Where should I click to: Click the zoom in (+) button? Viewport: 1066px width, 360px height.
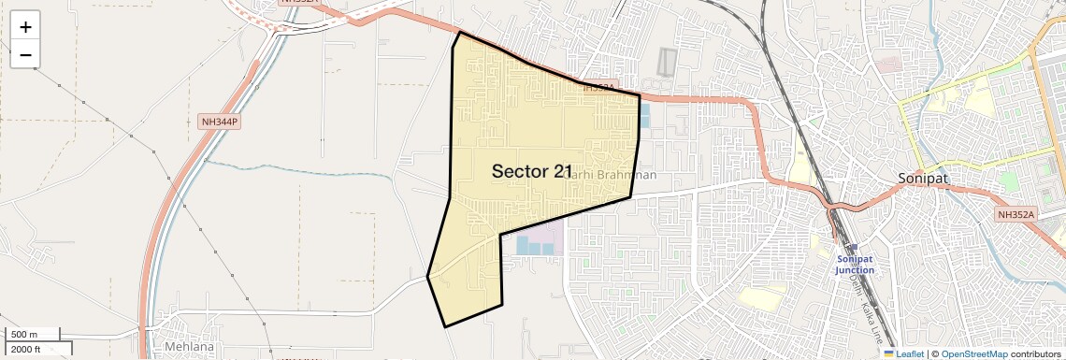[x=25, y=27]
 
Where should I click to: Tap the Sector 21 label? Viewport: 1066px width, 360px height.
[x=532, y=171]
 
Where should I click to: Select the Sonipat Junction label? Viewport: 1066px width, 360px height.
[x=855, y=264]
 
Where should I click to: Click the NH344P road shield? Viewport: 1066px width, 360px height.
[x=220, y=122]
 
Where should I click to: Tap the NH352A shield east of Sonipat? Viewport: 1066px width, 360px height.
[x=1016, y=215]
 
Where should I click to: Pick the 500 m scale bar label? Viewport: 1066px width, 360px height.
[x=25, y=335]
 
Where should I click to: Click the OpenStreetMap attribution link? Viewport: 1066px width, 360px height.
[x=973, y=353]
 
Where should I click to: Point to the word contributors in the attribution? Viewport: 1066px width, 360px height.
[x=1035, y=353]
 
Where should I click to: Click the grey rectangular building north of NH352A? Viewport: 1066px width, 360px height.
[x=666, y=62]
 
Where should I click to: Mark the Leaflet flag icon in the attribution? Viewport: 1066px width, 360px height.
[x=888, y=353]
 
